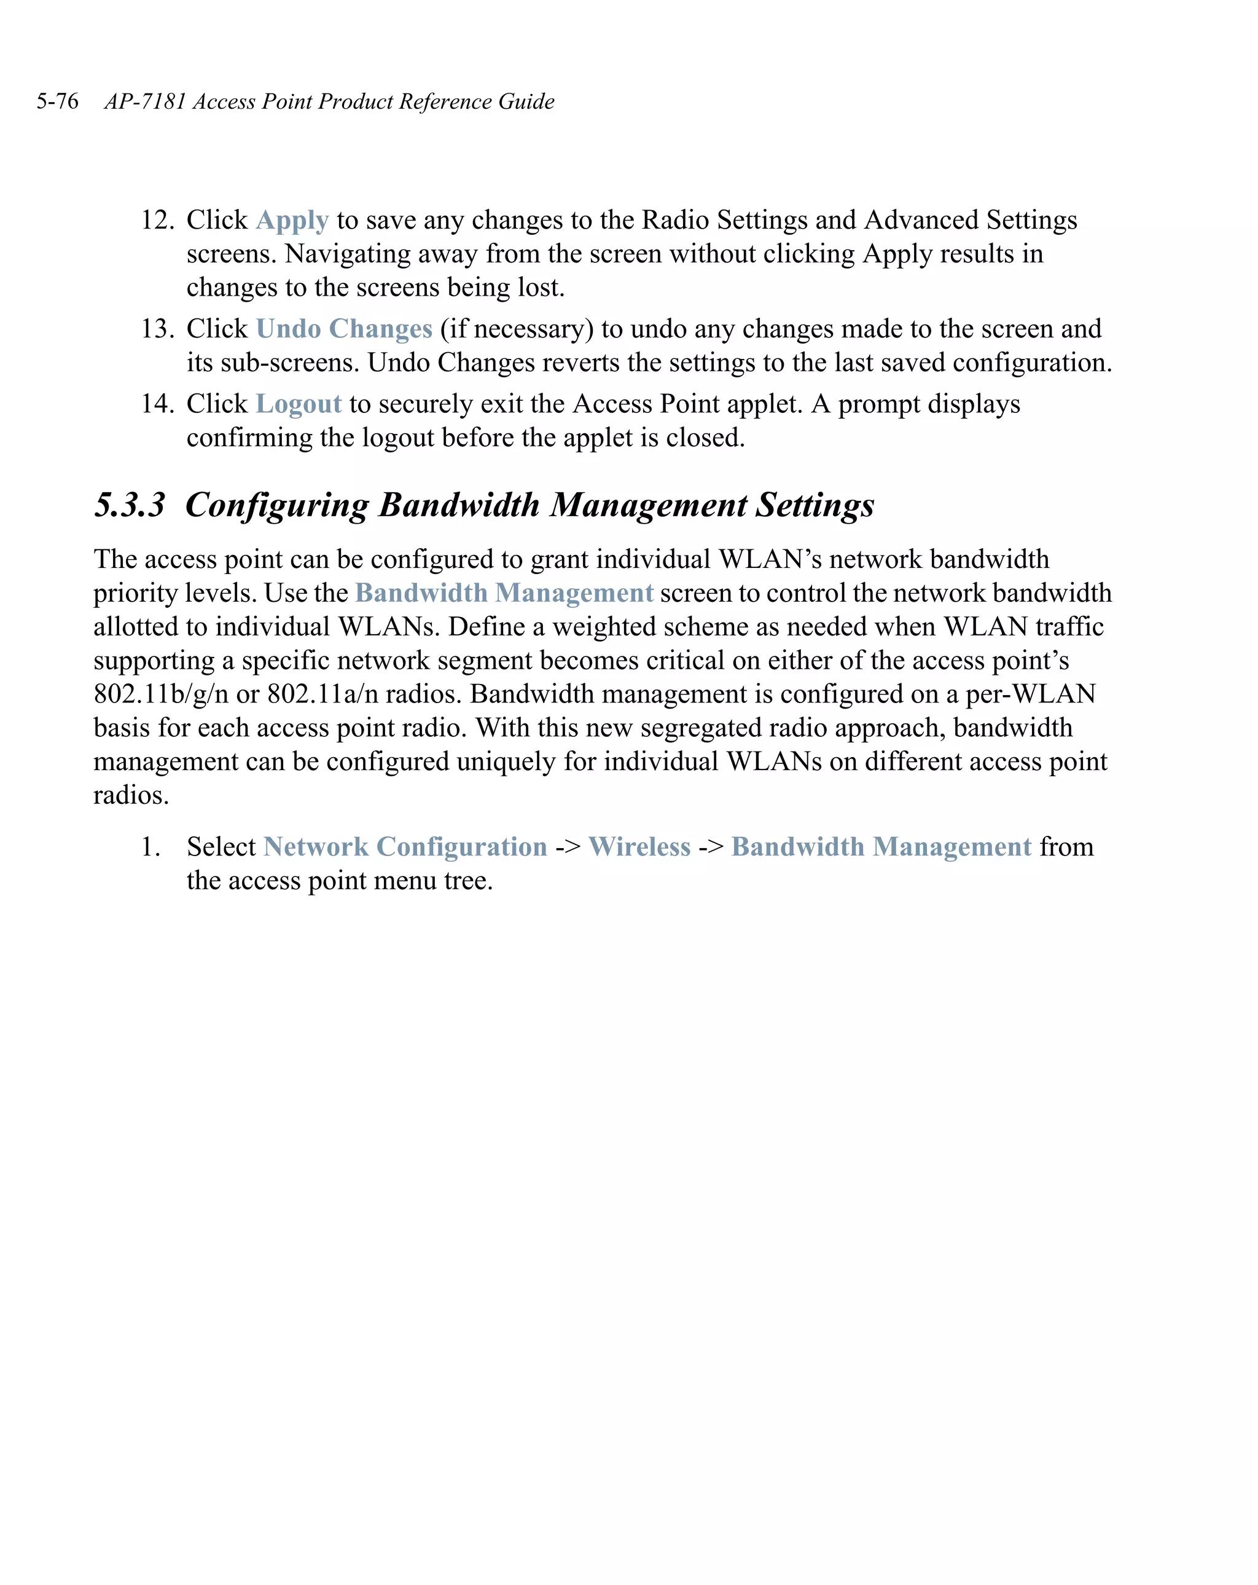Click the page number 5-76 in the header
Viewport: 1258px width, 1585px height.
(57, 101)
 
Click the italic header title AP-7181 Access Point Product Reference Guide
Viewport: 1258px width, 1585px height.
(329, 101)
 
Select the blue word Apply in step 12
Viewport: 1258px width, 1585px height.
(292, 221)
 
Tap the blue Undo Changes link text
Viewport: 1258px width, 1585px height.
(343, 329)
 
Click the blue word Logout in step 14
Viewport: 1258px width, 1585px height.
(299, 404)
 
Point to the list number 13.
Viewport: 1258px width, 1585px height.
(157, 329)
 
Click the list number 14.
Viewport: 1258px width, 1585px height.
(157, 404)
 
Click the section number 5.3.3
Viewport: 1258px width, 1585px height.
(130, 505)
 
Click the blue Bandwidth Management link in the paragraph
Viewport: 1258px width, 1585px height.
(504, 593)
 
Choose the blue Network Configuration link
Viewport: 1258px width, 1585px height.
(405, 847)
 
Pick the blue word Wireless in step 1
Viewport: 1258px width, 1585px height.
(639, 847)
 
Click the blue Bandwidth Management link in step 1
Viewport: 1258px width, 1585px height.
(881, 847)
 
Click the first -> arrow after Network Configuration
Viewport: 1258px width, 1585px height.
(568, 848)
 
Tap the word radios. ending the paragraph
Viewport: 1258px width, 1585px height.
(131, 795)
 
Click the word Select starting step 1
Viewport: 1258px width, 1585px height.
(221, 847)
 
